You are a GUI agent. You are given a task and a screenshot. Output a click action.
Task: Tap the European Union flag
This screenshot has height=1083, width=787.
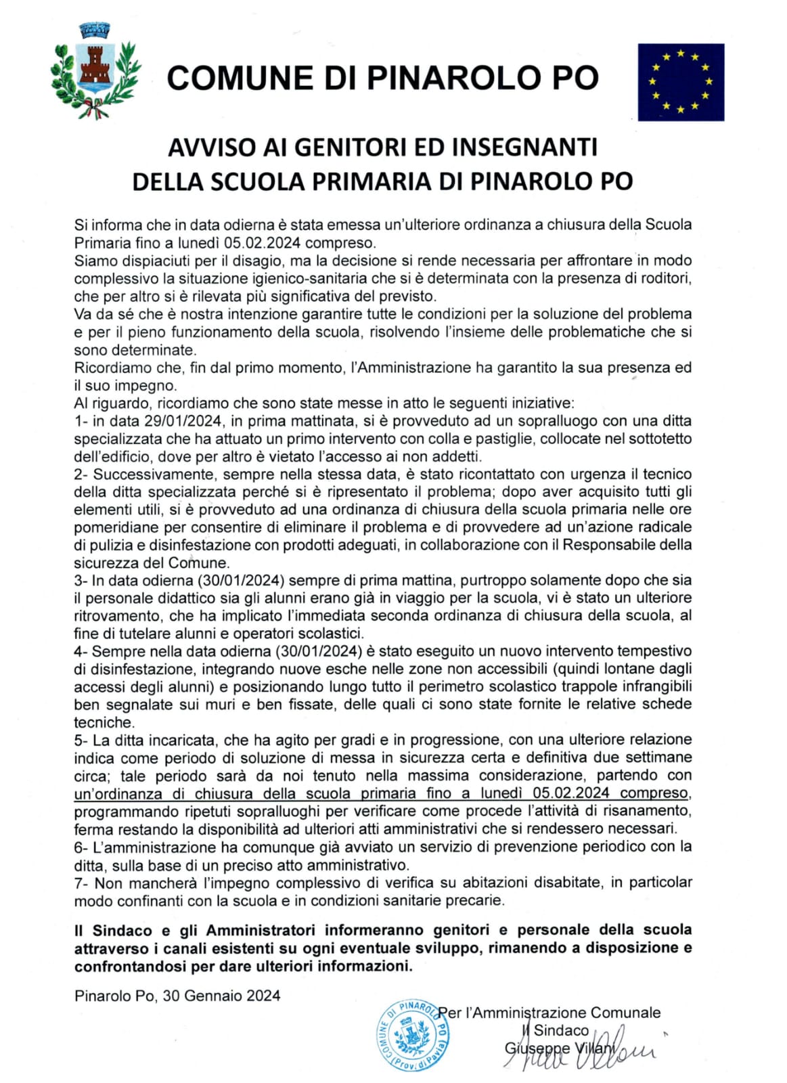click(680, 82)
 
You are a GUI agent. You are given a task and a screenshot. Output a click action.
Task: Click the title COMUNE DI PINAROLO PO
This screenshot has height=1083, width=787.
click(382, 78)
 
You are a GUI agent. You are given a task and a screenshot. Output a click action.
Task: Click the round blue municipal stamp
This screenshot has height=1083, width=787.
click(413, 1035)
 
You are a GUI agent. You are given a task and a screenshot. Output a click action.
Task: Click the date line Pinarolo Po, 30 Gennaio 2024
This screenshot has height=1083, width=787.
click(177, 996)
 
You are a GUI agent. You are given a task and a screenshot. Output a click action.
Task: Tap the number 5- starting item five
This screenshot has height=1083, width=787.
click(81, 740)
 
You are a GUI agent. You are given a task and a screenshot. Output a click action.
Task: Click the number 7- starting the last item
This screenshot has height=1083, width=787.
click(81, 883)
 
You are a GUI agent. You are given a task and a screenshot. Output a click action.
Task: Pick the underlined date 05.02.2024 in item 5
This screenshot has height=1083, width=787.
click(570, 793)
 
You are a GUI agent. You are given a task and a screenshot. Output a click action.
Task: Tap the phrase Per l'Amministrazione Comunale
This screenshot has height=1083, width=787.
click(549, 1013)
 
